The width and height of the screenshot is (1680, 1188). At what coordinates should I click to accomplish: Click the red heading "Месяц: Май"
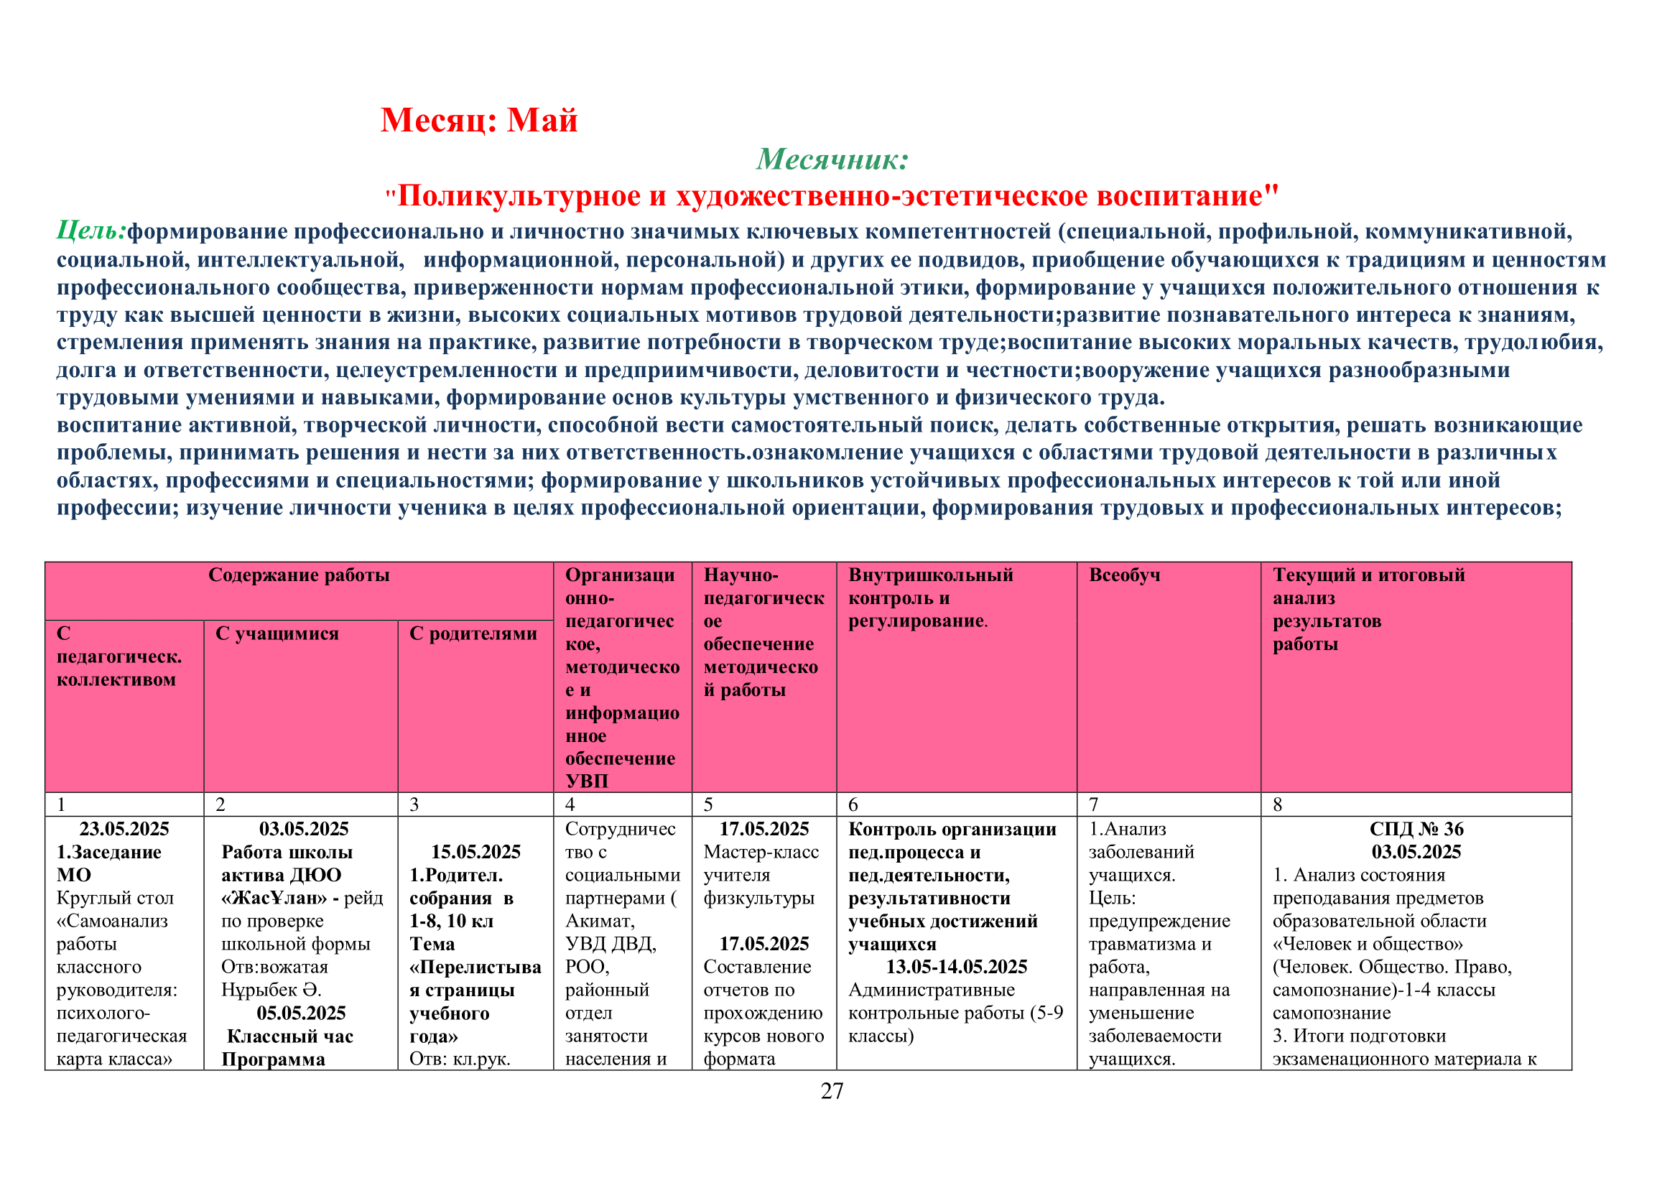pos(478,120)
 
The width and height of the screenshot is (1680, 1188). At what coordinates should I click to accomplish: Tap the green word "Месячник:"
pos(832,159)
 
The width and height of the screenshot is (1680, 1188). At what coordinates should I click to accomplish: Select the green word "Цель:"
pos(91,231)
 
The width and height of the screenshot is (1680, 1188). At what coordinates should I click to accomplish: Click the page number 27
pos(832,1091)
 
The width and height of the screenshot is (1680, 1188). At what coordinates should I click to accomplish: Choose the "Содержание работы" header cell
pos(299,575)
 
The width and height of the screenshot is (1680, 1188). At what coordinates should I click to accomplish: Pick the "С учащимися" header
pos(277,634)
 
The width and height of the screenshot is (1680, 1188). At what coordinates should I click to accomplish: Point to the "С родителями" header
pos(473,634)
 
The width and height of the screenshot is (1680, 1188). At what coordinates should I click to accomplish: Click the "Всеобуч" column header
pos(1124,575)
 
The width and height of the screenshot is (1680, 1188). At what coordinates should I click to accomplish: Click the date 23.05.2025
pos(124,829)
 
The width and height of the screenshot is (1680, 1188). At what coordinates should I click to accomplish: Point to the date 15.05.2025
pos(475,852)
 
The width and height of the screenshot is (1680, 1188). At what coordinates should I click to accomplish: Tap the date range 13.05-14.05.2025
pos(956,967)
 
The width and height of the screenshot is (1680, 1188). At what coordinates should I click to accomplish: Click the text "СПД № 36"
pos(1416,829)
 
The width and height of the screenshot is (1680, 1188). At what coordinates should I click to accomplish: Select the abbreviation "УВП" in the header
pos(587,781)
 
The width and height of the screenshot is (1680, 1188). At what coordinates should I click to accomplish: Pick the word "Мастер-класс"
pos(761,853)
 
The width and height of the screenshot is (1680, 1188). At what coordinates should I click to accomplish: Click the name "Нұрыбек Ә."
pos(272,990)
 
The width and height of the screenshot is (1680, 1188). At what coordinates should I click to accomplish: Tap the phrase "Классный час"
pos(289,1036)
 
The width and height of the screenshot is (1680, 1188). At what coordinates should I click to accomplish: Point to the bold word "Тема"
pos(432,945)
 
